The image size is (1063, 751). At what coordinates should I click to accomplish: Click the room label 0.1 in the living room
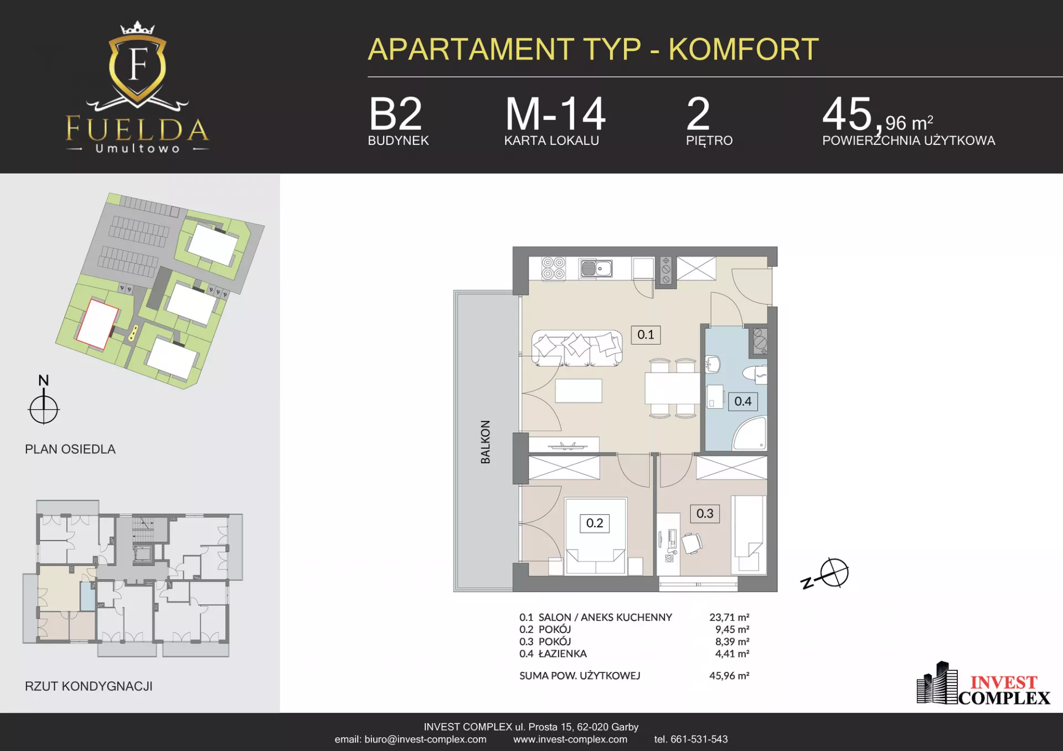click(x=646, y=335)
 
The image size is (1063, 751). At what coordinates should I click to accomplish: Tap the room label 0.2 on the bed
click(x=595, y=523)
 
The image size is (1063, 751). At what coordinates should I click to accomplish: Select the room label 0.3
click(x=705, y=514)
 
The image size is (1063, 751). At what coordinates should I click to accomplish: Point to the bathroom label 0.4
click(x=743, y=401)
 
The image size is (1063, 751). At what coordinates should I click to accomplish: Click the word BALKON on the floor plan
click(x=486, y=442)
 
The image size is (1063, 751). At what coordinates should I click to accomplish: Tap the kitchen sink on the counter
click(x=596, y=268)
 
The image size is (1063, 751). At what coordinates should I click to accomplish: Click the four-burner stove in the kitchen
click(x=553, y=268)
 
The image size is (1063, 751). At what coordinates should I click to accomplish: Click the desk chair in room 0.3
click(x=692, y=543)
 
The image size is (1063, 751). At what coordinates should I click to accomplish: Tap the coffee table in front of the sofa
click(x=579, y=391)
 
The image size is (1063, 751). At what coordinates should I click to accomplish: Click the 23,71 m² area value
click(x=729, y=617)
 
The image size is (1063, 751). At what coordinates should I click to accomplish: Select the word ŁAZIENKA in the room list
click(x=563, y=654)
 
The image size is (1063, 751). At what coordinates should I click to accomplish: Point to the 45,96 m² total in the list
click(x=729, y=676)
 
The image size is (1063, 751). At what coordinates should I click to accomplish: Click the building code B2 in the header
click(x=395, y=114)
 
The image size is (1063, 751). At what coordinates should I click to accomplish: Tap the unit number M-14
click(x=555, y=114)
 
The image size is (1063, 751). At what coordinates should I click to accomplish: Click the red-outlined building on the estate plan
click(x=97, y=324)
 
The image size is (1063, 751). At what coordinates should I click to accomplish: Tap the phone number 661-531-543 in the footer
click(x=699, y=739)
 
